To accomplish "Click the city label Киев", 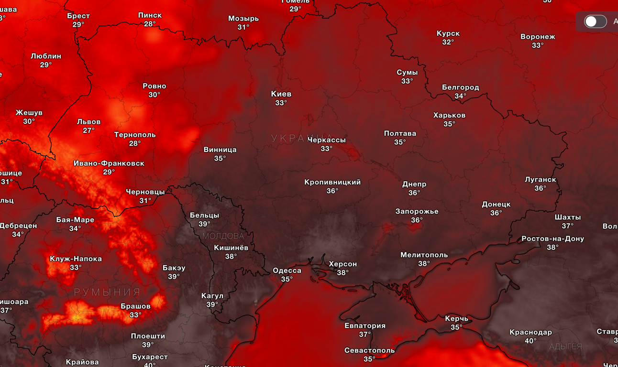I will click(281, 94).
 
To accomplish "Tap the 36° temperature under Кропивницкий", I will click(332, 191).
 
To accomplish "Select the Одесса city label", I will click(287, 270).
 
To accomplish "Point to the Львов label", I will click(89, 122).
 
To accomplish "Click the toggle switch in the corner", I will click(595, 22).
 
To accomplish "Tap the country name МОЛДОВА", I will click(223, 236).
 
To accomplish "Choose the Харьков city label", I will click(449, 115).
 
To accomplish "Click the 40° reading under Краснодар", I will click(530, 341).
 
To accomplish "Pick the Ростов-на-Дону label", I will click(552, 238).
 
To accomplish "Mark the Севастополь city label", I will click(369, 350).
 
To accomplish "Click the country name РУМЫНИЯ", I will click(107, 292).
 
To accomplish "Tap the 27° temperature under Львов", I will click(89, 130).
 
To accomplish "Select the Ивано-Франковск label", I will click(109, 163).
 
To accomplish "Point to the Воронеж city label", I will click(538, 37).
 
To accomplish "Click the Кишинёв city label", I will click(231, 248).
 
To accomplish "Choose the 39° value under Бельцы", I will click(204, 224).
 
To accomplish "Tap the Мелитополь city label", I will click(424, 255).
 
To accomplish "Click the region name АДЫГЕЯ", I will click(565, 346).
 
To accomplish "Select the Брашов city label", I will click(135, 306).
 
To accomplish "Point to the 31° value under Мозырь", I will click(243, 27).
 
